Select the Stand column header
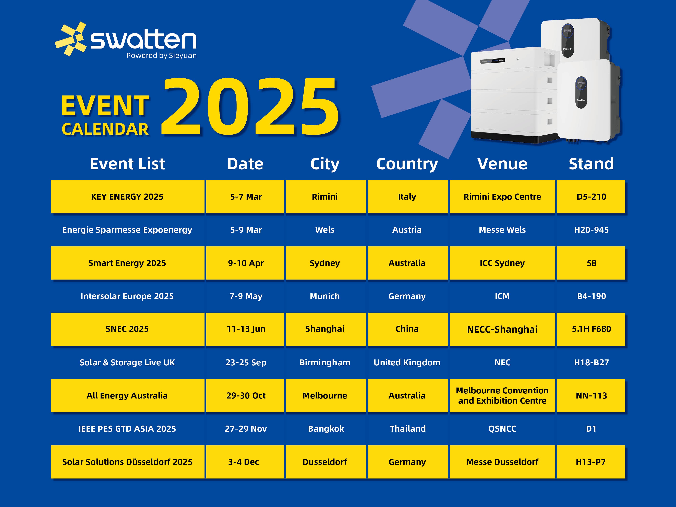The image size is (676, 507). [591, 164]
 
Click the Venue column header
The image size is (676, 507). [502, 164]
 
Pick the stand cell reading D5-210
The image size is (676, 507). [591, 197]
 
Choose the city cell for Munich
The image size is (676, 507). [324, 296]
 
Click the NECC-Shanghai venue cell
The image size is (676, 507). [502, 329]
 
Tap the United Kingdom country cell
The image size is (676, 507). [407, 363]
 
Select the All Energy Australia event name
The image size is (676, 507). [127, 395]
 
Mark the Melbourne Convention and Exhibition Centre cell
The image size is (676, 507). [502, 395]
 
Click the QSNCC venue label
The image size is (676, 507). [502, 429]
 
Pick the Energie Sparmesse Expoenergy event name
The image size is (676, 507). [127, 230]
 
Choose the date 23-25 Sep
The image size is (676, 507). [246, 363]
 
